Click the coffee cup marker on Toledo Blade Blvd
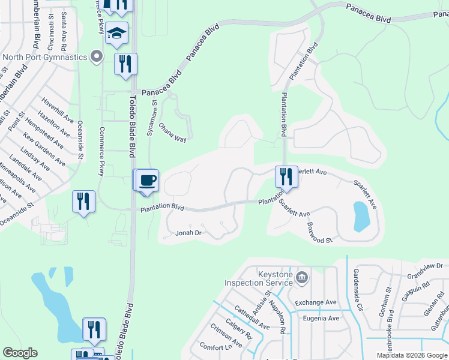point(146,180)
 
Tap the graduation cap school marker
point(117,34)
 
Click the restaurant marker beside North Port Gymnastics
point(125,64)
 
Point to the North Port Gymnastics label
point(45,58)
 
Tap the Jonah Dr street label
point(188,232)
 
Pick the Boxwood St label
point(319,233)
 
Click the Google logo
point(20,353)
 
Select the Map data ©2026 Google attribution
point(411,355)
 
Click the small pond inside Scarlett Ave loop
point(361,216)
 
